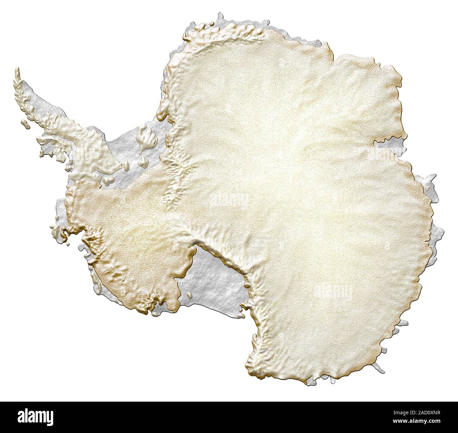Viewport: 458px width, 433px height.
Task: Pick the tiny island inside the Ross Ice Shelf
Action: coord(190,295)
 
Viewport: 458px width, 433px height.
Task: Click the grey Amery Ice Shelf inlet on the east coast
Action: coord(388,144)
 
